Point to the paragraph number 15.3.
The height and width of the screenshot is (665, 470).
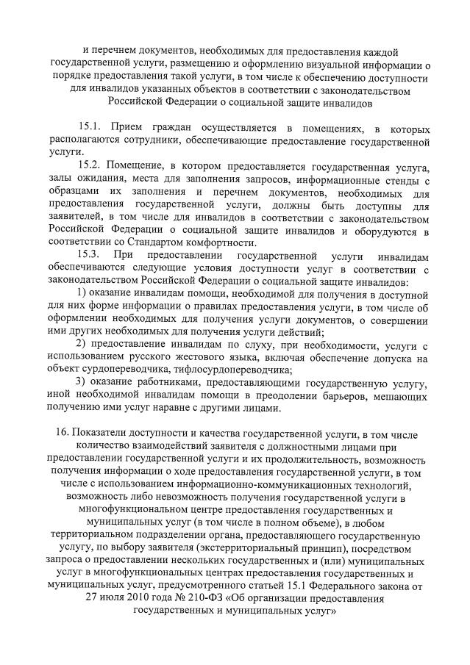[x=90, y=256]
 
